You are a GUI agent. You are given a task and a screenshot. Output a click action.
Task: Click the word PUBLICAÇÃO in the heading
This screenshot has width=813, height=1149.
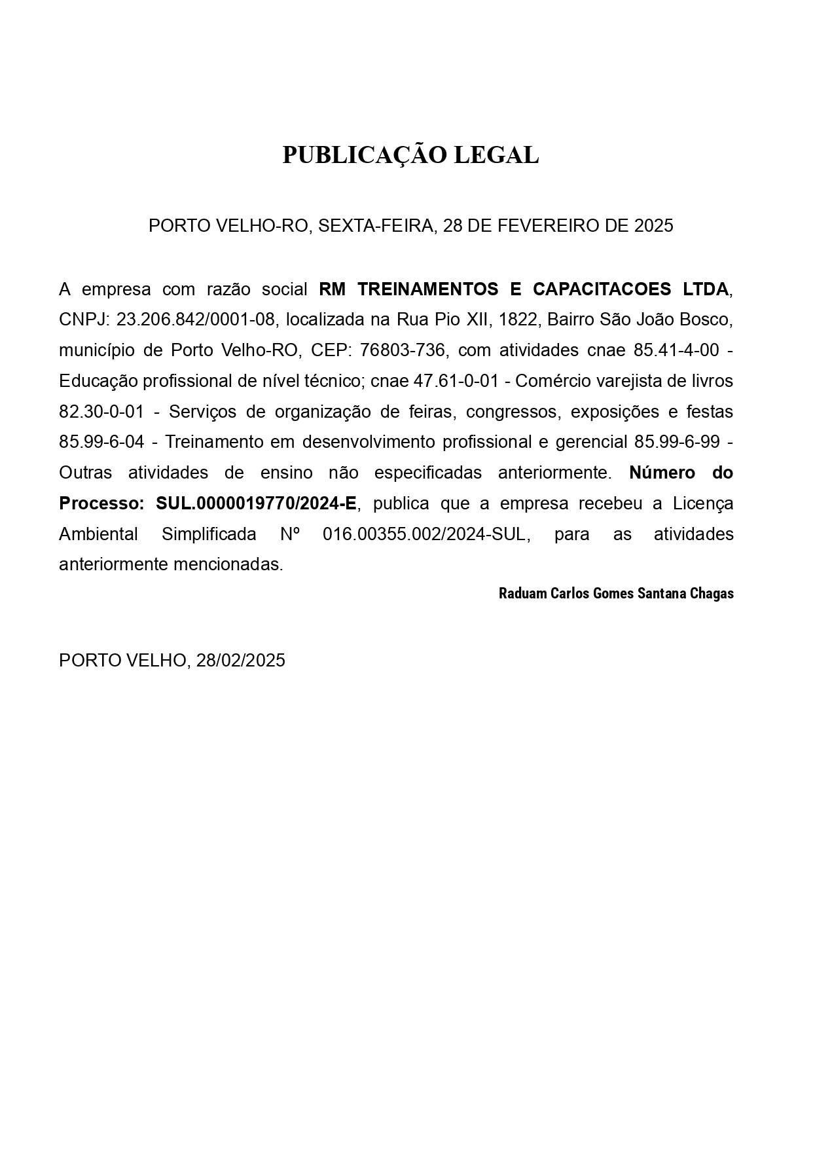365,155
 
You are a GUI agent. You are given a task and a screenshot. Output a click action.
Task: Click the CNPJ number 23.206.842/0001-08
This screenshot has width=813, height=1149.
195,319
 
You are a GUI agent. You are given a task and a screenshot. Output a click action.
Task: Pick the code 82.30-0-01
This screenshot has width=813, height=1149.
101,412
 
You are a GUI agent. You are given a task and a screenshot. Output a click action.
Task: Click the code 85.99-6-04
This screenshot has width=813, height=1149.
101,442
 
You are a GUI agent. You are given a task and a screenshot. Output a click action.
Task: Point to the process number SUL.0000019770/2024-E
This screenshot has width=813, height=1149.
257,503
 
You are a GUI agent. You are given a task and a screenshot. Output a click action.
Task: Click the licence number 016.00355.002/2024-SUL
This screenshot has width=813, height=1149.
424,534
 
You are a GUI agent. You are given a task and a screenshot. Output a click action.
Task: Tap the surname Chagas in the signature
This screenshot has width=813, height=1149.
712,594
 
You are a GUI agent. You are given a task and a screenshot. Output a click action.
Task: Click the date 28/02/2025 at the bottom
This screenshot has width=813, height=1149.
241,660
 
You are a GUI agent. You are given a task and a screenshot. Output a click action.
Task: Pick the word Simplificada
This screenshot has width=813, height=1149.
209,534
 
